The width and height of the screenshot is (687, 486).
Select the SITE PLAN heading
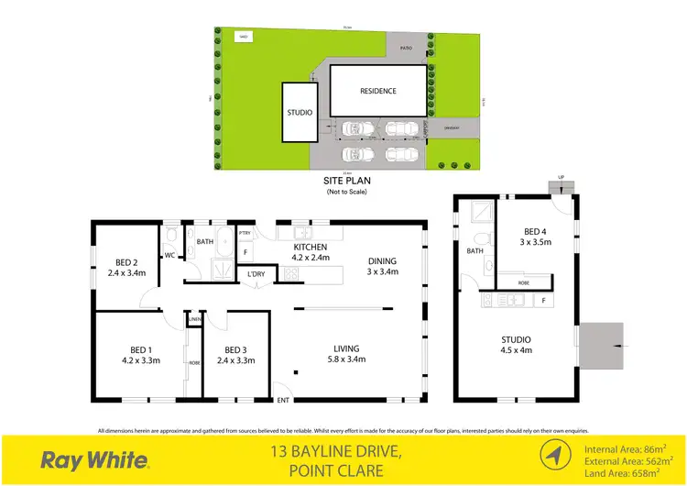pyautogui.click(x=344, y=182)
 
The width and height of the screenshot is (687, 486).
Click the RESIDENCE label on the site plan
pyautogui.click(x=377, y=91)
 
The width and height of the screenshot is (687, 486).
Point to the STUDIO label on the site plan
pyautogui.click(x=300, y=113)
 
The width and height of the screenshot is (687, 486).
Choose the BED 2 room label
pyautogui.click(x=126, y=267)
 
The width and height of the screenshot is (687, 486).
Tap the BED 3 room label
pyautogui.click(x=235, y=354)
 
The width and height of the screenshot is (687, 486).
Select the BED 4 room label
pyautogui.click(x=538, y=237)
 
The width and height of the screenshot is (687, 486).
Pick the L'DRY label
pyautogui.click(x=256, y=274)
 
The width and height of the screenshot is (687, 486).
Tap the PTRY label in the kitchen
pyautogui.click(x=245, y=234)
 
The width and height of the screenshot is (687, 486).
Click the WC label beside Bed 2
pyautogui.click(x=170, y=256)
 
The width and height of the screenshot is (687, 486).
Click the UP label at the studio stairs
pyautogui.click(x=561, y=178)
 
